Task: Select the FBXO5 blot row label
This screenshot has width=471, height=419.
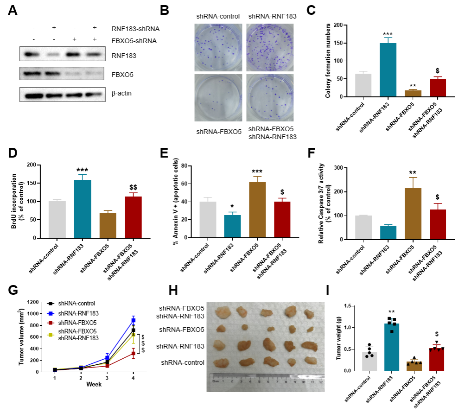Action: (x=120, y=74)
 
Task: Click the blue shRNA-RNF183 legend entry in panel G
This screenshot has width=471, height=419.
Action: (x=82, y=313)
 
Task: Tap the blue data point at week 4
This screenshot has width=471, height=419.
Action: (x=134, y=320)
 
